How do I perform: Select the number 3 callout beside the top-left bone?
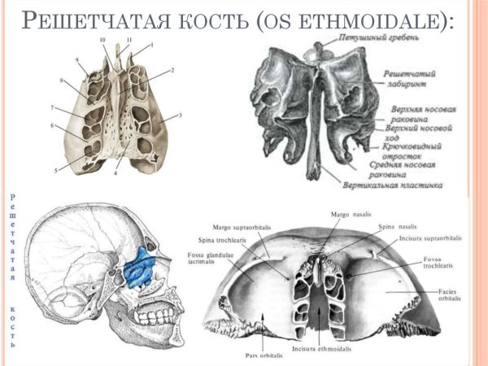180,115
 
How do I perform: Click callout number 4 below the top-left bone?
116,173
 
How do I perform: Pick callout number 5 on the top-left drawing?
56,170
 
